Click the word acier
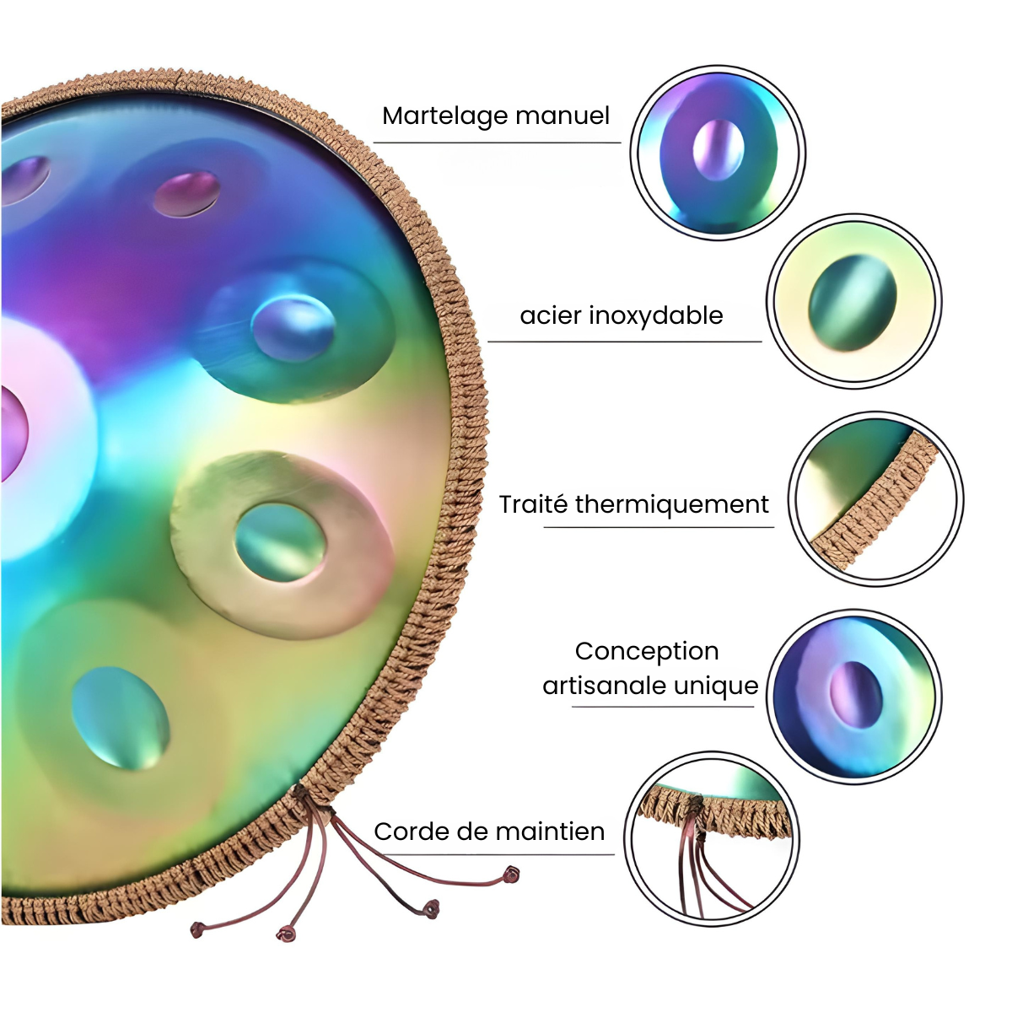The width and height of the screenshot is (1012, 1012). [550, 315]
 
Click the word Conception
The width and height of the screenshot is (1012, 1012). [647, 651]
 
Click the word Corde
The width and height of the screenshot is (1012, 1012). [411, 832]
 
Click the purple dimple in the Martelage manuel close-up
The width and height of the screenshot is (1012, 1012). [719, 149]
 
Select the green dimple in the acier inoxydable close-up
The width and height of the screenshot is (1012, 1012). [853, 302]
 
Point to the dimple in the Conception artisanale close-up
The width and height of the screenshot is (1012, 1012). [856, 693]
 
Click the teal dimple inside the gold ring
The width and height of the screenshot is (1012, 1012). [279, 542]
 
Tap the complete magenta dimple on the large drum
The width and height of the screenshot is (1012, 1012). [186, 193]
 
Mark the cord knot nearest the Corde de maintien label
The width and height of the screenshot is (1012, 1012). [510, 876]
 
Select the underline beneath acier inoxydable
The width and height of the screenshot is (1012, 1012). [624, 342]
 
